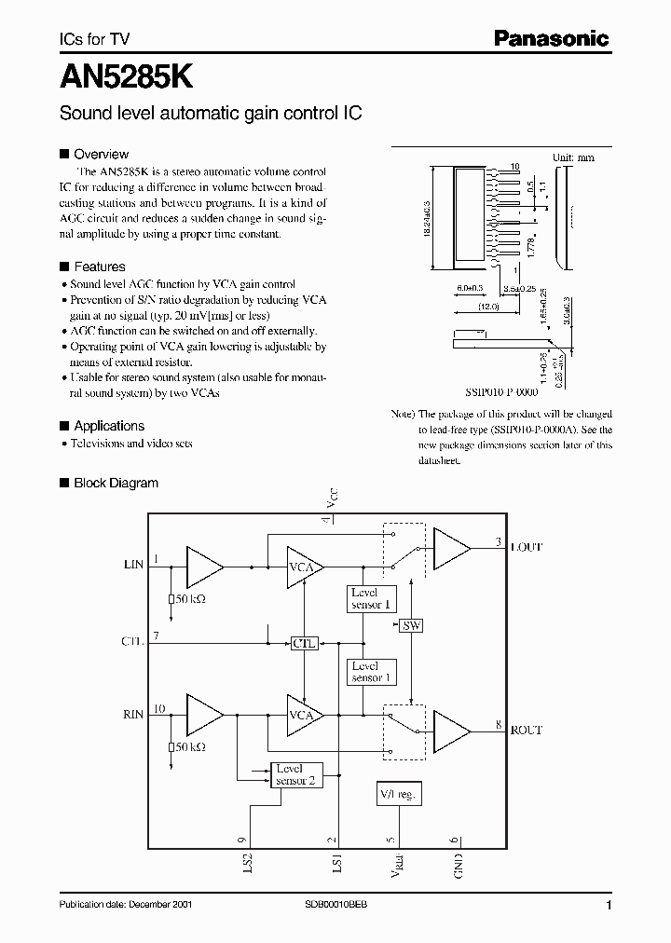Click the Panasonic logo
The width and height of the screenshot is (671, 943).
tap(550, 38)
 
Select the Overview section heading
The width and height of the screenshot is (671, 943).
tap(101, 155)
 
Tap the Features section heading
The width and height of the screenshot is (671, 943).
tap(100, 266)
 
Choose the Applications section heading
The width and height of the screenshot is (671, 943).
tap(109, 426)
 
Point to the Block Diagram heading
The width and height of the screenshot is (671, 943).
tap(116, 483)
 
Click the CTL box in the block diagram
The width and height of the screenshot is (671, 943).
tap(305, 643)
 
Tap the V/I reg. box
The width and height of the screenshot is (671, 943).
tap(400, 793)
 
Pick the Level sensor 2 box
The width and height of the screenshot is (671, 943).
tap(298, 774)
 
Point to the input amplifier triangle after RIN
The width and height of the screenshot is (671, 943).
tap(204, 715)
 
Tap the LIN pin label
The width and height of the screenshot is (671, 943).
tap(133, 565)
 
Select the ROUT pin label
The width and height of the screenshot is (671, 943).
tap(526, 731)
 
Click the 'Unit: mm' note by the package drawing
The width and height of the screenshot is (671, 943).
tap(573, 157)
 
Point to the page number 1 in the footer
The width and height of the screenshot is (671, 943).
tap(608, 906)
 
